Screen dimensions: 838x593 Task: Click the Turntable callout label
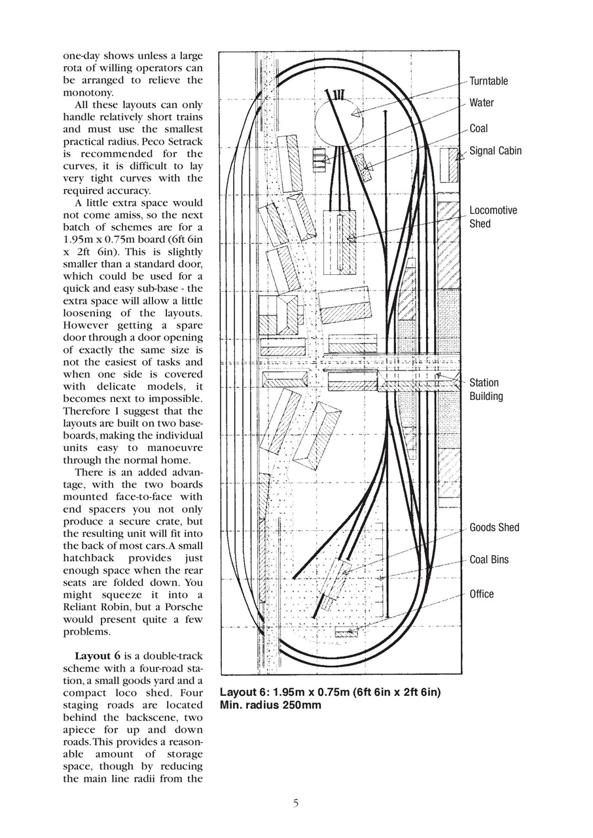coord(488,81)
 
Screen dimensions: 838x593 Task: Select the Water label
coord(481,103)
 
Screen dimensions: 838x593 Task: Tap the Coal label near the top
coord(478,128)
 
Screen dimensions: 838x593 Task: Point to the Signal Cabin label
coord(495,151)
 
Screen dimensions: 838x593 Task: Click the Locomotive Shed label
coord(493,217)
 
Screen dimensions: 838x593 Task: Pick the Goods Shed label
coord(494,528)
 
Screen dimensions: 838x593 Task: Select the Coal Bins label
coord(489,560)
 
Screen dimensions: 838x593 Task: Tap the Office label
coord(482,594)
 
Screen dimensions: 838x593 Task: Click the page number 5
coord(296,803)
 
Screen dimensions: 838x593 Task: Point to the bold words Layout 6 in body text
coord(97,656)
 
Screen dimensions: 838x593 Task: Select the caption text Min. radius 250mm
coord(270,706)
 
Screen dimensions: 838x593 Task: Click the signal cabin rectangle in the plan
coord(448,165)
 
